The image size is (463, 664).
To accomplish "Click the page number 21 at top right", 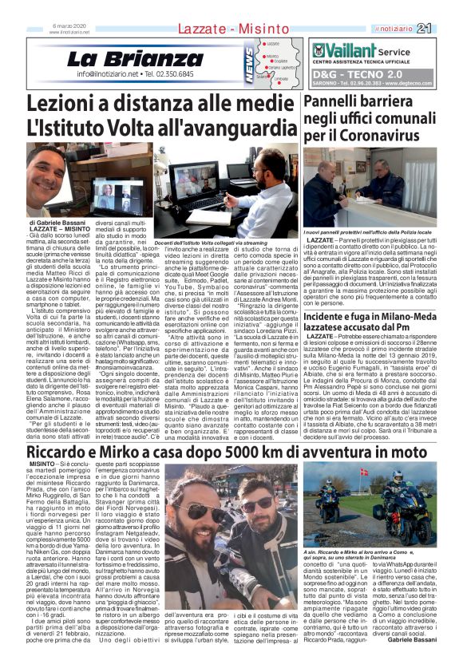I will pos(446,29).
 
